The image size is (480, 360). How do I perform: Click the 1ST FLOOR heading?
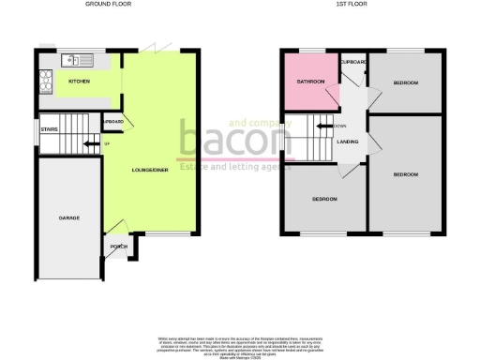[351, 6]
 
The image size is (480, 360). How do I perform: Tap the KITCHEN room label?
[80, 81]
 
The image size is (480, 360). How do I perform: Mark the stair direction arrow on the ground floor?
[90, 143]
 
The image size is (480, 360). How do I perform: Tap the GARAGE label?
[69, 217]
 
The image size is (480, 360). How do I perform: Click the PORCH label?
[119, 247]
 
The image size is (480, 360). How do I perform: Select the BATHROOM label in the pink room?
[309, 82]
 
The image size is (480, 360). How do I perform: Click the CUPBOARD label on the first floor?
[353, 62]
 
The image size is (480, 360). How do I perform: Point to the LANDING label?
[346, 142]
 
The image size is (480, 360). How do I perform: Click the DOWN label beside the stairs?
[340, 125]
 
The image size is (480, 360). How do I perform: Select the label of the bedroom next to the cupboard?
[405, 83]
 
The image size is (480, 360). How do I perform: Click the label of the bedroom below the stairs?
[324, 199]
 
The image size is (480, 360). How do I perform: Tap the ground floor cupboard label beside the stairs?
[112, 122]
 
